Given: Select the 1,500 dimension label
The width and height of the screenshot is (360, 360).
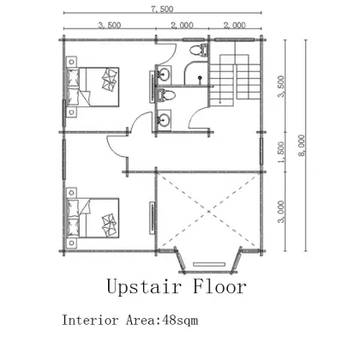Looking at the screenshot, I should tap(281, 151).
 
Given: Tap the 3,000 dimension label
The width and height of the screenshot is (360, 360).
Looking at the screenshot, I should tap(281, 210).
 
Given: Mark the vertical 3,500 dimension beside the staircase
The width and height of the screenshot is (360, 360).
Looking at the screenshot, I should tap(281, 87).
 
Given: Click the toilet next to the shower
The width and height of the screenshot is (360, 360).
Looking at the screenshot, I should tap(198, 51).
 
